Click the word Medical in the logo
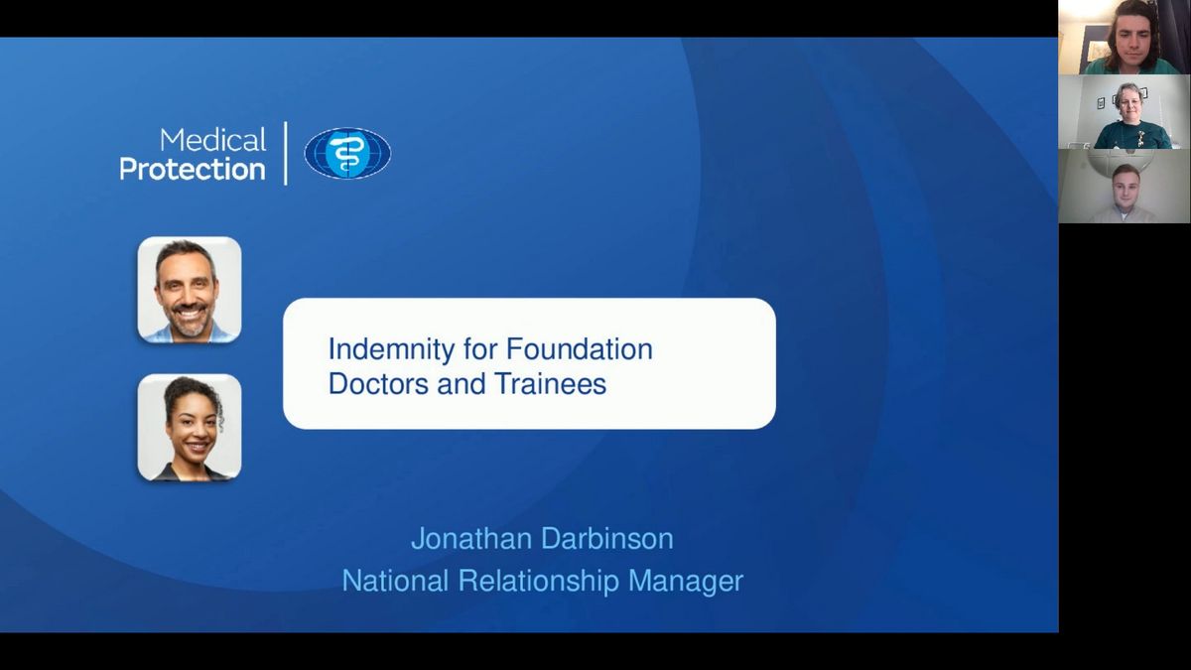(x=212, y=140)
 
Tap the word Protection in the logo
(x=193, y=170)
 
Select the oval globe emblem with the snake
(x=347, y=153)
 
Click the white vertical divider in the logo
(x=286, y=153)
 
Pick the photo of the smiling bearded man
(x=190, y=290)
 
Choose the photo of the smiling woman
(x=190, y=428)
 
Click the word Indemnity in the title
(x=392, y=349)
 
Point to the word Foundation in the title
(x=579, y=348)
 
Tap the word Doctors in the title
(x=378, y=383)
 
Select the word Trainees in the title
(x=550, y=383)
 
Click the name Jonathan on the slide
(x=471, y=538)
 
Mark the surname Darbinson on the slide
(x=607, y=538)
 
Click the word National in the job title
(x=396, y=580)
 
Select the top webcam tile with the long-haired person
(x=1125, y=38)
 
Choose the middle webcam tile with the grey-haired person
(x=1125, y=111)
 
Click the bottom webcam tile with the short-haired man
(x=1125, y=187)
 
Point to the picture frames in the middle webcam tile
(x=1124, y=98)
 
